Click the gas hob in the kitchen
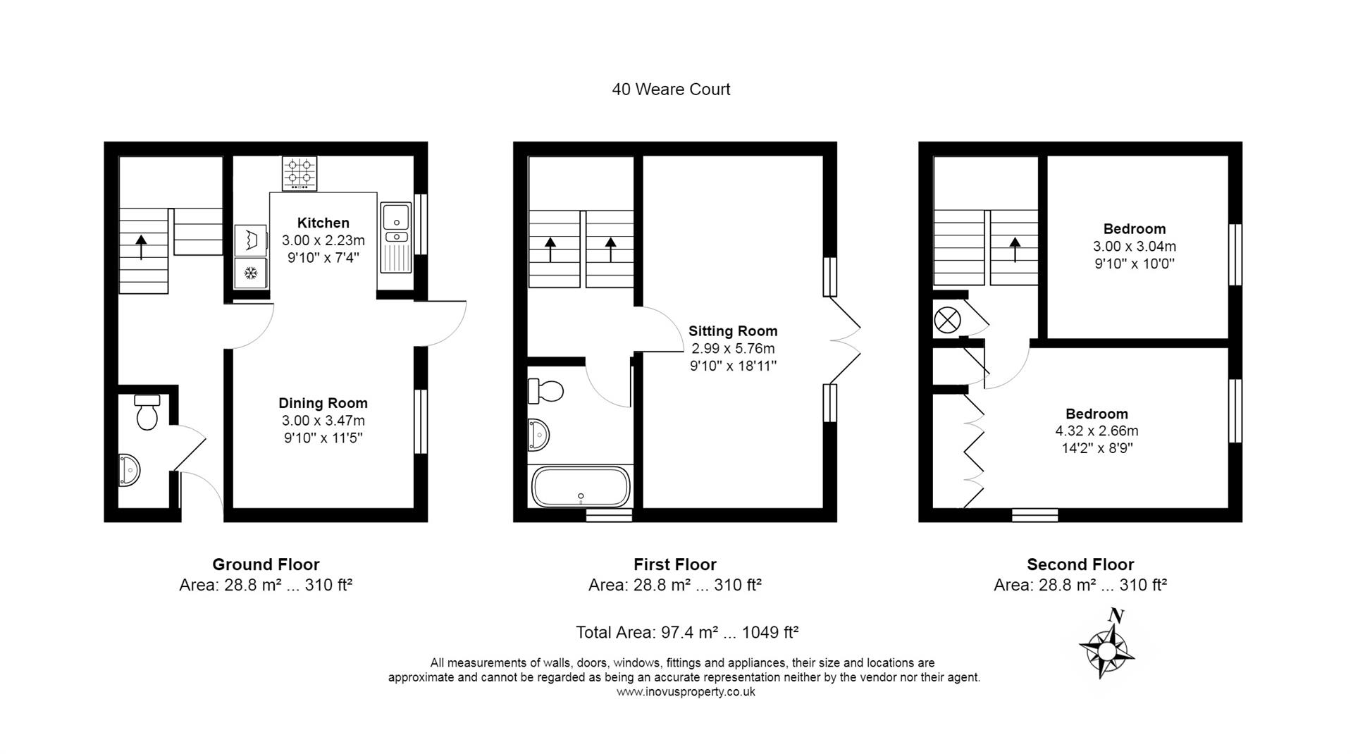[x=299, y=173]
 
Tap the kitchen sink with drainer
[x=396, y=237]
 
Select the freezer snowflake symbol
[x=250, y=273]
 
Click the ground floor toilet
[x=147, y=412]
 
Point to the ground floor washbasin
[x=129, y=470]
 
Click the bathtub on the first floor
[x=581, y=487]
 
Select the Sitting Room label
[x=733, y=331]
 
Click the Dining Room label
[x=323, y=403]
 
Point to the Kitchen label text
[x=323, y=223]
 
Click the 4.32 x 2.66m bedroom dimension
[x=1096, y=431]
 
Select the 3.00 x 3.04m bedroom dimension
[x=1134, y=247]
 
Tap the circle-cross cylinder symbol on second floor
[x=947, y=321]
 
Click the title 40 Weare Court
[x=671, y=89]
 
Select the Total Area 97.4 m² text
[x=686, y=632]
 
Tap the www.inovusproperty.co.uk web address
[x=685, y=692]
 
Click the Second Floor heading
[x=1080, y=564]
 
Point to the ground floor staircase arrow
[x=142, y=247]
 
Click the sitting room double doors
[x=846, y=341]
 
